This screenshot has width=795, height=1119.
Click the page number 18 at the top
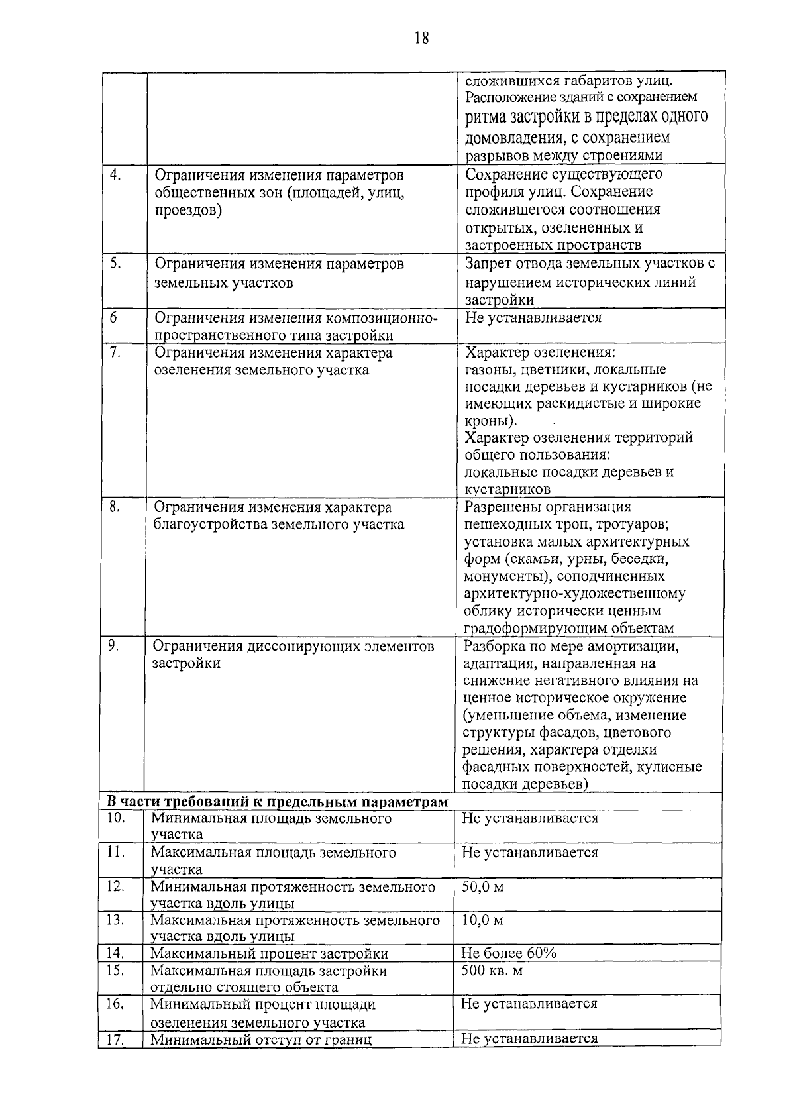[421, 38]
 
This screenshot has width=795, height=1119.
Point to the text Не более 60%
[508, 953]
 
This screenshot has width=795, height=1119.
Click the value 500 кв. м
[492, 971]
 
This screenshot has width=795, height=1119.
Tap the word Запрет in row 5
[490, 264]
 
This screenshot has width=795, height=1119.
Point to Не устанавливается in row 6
[533, 317]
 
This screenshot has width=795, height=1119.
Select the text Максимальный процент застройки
[269, 954]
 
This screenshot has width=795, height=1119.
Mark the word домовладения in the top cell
[514, 138]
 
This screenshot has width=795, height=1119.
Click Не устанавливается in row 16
[529, 1004]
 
